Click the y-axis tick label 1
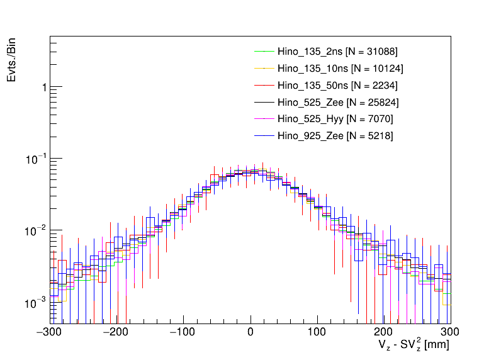[43, 87]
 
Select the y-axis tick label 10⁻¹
[38, 158]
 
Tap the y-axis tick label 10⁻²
[38, 230]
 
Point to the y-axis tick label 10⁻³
[38, 302]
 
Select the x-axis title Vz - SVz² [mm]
[414, 346]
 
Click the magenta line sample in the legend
[264, 119]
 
